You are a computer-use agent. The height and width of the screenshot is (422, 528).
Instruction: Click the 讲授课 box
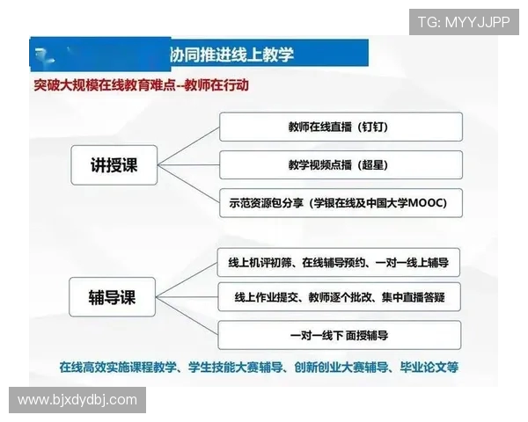(115, 164)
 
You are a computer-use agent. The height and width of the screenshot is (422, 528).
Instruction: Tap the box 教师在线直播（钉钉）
(340, 127)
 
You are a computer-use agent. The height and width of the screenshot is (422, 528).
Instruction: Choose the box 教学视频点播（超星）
(340, 164)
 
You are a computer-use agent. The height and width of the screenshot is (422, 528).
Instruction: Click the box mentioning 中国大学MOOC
(340, 203)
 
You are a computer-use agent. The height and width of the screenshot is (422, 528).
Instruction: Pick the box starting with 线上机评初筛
(340, 262)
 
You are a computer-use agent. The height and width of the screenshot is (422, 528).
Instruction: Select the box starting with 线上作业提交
(340, 296)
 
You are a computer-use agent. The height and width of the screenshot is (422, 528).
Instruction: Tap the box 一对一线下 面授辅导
(340, 335)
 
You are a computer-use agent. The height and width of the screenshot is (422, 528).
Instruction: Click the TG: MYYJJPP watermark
(464, 22)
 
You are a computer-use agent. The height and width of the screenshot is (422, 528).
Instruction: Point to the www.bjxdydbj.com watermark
(77, 400)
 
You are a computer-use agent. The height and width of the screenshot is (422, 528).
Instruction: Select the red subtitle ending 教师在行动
(141, 85)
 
